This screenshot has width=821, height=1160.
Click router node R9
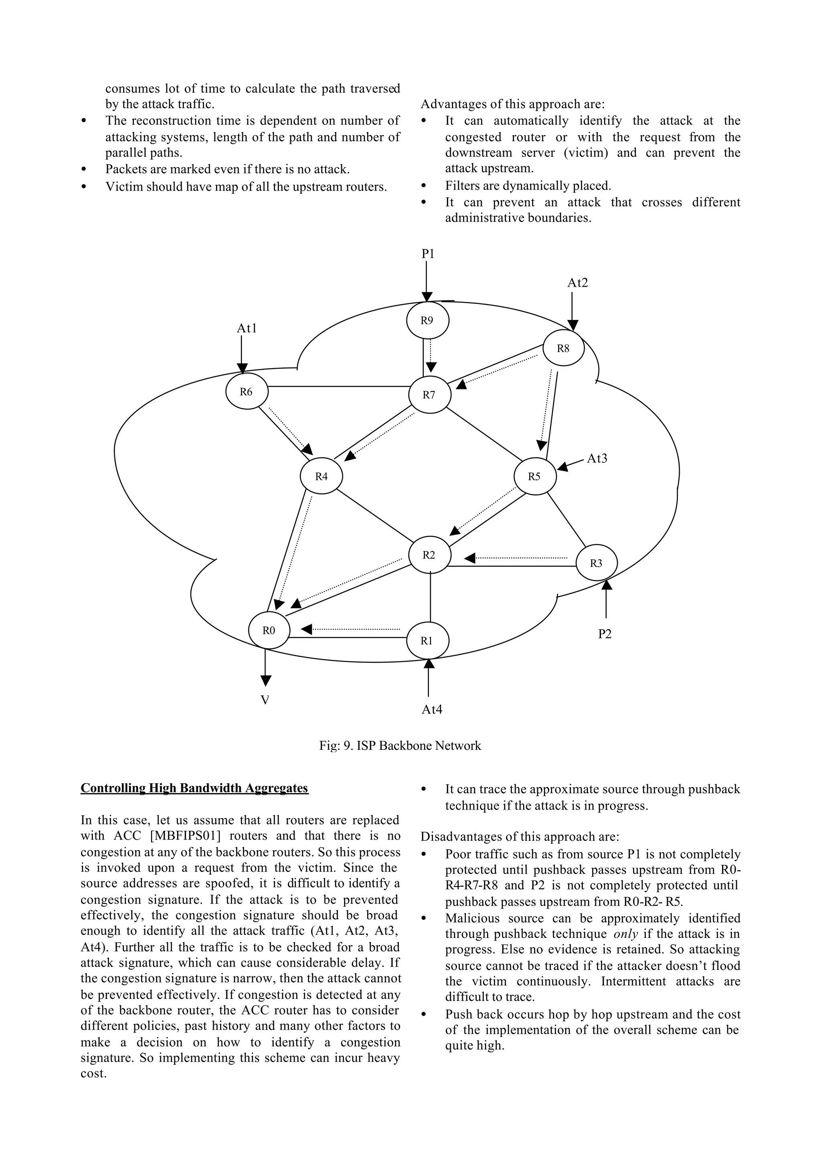tap(428, 321)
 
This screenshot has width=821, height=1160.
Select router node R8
tap(563, 348)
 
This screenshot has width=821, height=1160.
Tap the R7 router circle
tap(429, 395)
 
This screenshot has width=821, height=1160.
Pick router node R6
tap(246, 391)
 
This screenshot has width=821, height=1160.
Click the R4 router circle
tap(322, 476)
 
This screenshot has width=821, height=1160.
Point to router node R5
tap(535, 476)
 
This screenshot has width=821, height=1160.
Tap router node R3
tap(597, 563)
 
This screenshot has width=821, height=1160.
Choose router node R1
tap(427, 641)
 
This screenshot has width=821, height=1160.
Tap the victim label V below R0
tap(265, 700)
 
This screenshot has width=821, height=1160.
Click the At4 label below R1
tap(432, 709)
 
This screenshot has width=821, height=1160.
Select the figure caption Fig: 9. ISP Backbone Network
tap(400, 746)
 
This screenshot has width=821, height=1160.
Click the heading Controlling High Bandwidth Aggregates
tap(195, 788)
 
